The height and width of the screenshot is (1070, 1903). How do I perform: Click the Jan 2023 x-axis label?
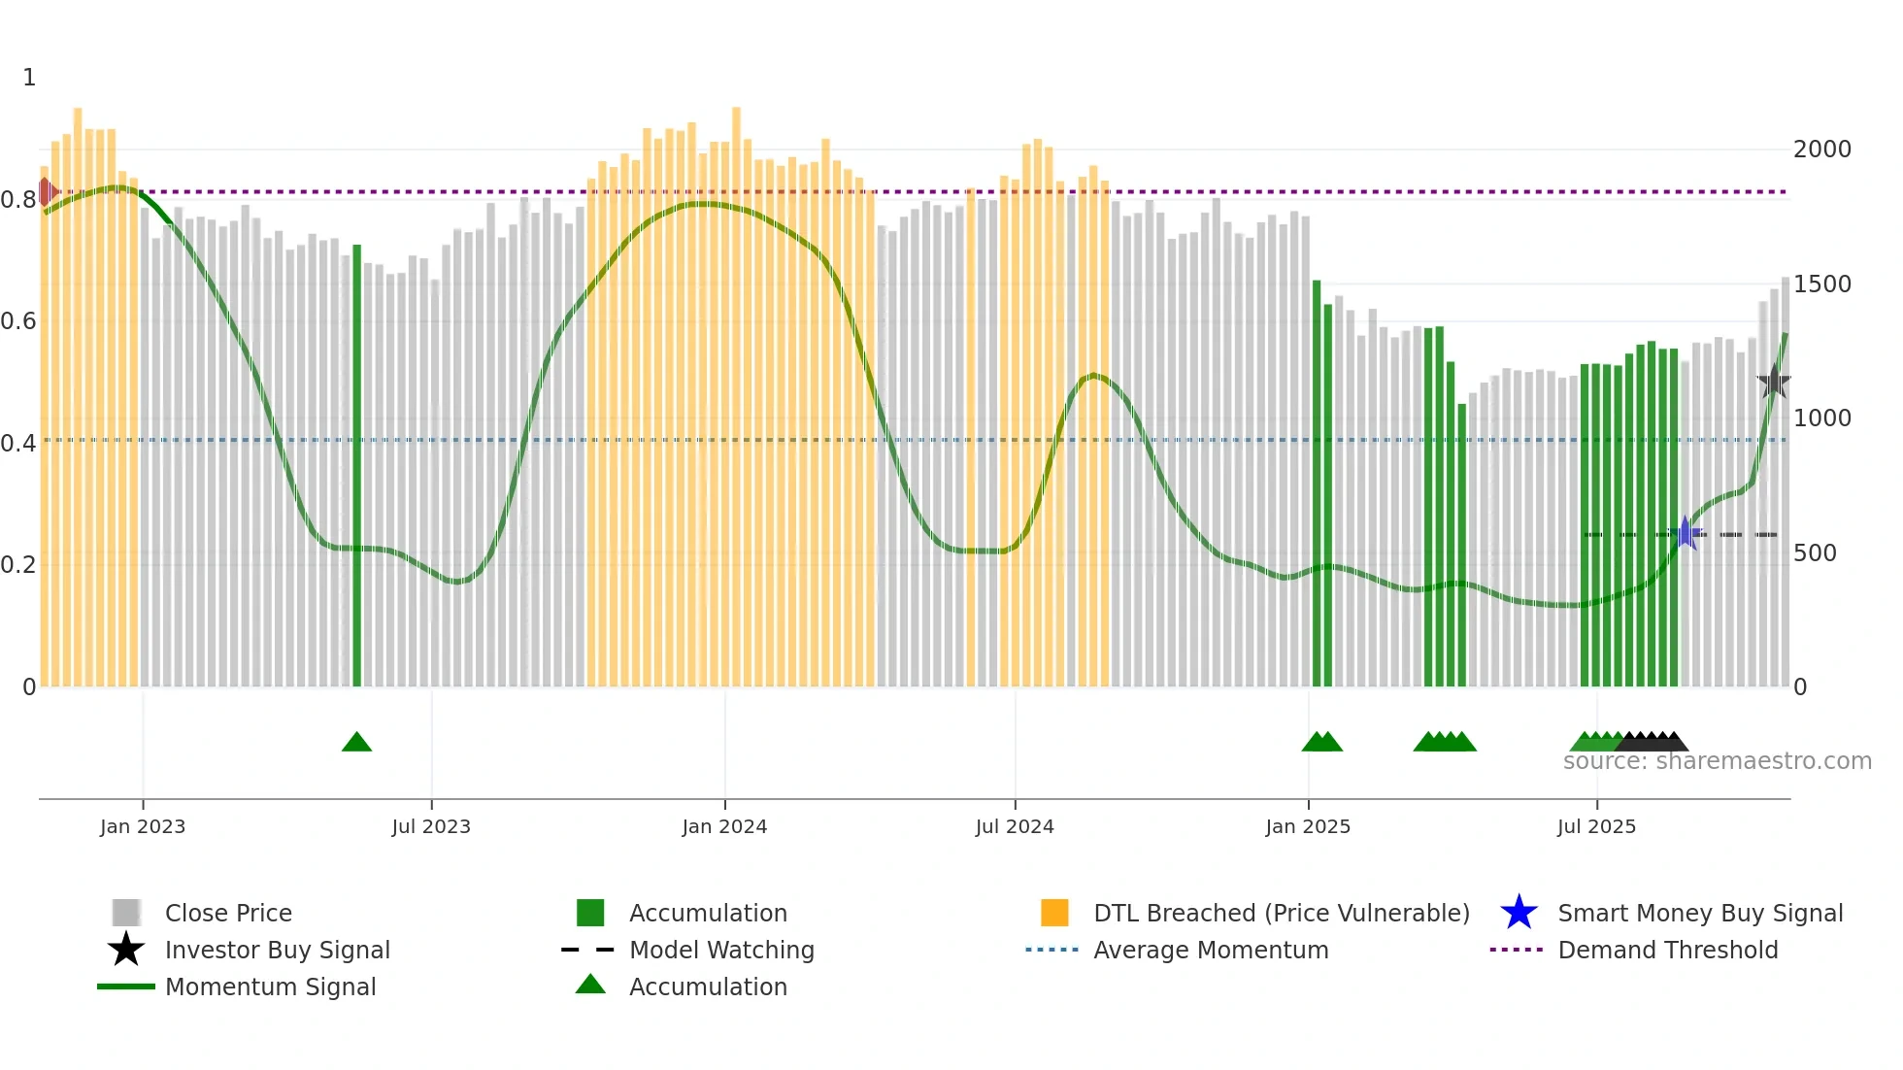pyautogui.click(x=143, y=826)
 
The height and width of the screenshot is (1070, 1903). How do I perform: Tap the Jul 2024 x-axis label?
pyautogui.click(x=1015, y=826)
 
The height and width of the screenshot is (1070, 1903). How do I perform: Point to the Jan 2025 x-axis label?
pyautogui.click(x=1308, y=826)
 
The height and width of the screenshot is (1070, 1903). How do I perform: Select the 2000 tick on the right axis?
pyautogui.click(x=1822, y=150)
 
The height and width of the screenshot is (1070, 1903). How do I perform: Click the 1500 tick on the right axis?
pyautogui.click(x=1822, y=284)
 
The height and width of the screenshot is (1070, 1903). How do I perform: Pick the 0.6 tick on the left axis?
pyautogui.click(x=18, y=321)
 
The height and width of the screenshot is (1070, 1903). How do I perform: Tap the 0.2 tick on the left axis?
pyautogui.click(x=18, y=565)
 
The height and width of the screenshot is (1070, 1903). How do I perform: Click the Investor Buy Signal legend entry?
pyautogui.click(x=277, y=950)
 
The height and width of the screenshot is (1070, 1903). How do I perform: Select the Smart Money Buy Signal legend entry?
pyautogui.click(x=1699, y=913)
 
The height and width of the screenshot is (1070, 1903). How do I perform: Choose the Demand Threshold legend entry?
pyautogui.click(x=1667, y=950)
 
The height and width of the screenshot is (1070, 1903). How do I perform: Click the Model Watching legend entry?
pyautogui.click(x=721, y=950)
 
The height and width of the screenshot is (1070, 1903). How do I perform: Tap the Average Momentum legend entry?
pyautogui.click(x=1211, y=950)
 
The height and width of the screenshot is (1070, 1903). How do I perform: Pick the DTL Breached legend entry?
pyautogui.click(x=1281, y=913)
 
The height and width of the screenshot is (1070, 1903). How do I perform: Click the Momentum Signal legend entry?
pyautogui.click(x=270, y=986)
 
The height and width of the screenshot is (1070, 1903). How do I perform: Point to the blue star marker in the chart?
pyautogui.click(x=1686, y=533)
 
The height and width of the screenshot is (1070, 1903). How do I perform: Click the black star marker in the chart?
pyautogui.click(x=1774, y=382)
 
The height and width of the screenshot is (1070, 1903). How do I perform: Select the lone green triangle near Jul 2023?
pyautogui.click(x=357, y=743)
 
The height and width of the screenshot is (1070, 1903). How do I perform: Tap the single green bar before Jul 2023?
pyautogui.click(x=357, y=466)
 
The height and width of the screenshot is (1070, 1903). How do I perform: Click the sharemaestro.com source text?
pyautogui.click(x=1717, y=761)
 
